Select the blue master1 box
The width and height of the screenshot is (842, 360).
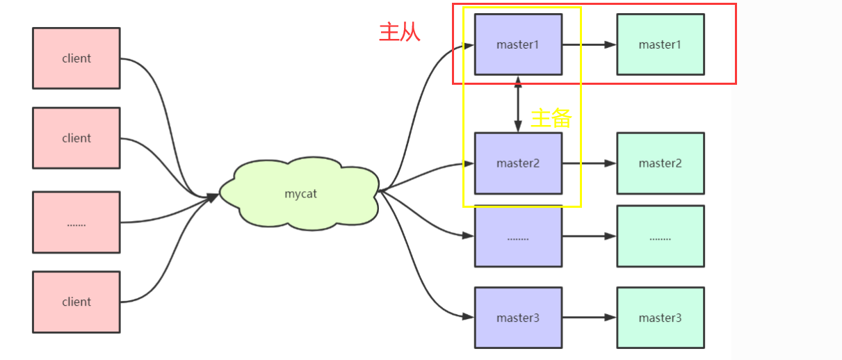[x=518, y=44]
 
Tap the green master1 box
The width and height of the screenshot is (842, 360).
[x=660, y=44]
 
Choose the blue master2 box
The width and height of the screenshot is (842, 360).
[x=518, y=163]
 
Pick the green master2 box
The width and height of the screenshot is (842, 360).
[x=660, y=163]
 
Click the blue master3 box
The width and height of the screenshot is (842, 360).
[x=518, y=318]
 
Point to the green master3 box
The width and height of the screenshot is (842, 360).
[x=660, y=318]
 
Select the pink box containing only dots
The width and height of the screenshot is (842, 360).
[x=76, y=222]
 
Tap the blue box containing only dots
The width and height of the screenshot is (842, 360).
[x=518, y=237]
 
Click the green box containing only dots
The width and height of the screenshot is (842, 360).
[x=660, y=237]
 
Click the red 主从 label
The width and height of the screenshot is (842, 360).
[x=399, y=32]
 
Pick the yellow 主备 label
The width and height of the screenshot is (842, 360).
[x=551, y=118]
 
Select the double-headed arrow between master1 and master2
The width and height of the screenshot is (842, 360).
[x=518, y=104]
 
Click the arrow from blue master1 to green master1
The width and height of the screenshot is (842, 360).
[x=589, y=44]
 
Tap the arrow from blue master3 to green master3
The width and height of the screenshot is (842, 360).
[x=589, y=318]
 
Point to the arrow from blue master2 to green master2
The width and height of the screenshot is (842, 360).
[x=589, y=163]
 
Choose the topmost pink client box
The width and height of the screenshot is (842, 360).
[x=76, y=58]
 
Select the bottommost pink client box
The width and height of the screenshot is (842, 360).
[x=76, y=302]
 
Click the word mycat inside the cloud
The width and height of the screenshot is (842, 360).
[x=300, y=194]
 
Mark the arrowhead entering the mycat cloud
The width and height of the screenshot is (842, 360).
[x=213, y=197]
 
